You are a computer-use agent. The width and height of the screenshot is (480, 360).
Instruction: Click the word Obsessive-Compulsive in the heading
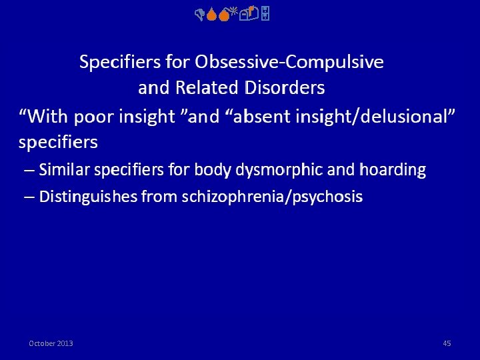coord(289,62)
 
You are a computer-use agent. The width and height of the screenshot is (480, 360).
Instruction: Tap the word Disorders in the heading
coord(285,87)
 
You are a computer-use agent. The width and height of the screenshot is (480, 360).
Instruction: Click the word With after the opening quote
coord(49,117)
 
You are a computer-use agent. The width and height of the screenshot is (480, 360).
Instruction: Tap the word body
coord(211,170)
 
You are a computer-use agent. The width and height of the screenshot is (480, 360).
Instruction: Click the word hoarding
coord(392,170)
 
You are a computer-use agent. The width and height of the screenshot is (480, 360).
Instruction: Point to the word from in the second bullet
coord(159,197)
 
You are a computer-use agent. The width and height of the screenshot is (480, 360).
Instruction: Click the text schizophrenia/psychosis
coord(272,197)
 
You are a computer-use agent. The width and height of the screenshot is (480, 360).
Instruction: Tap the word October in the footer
coord(42,343)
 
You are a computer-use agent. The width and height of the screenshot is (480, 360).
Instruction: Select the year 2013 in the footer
coord(65,343)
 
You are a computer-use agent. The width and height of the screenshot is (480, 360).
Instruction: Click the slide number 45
coord(447,343)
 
